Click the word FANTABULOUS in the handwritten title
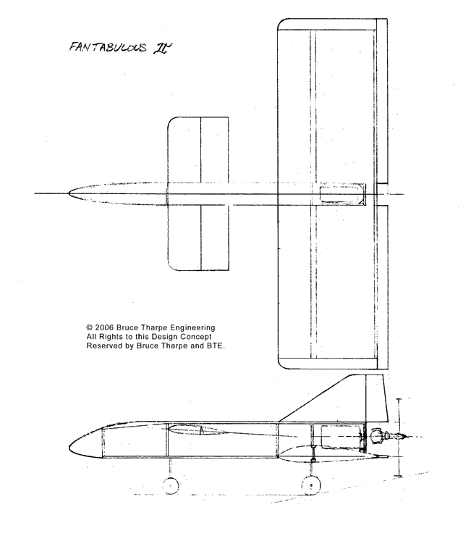[x=108, y=47]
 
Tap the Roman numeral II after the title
[x=162, y=48]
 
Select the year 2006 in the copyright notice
[x=104, y=327]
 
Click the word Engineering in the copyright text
[x=192, y=328]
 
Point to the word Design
[x=165, y=337]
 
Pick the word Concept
[x=196, y=337]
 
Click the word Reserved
[x=100, y=346]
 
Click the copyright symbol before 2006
[x=90, y=327]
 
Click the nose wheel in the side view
[x=171, y=485]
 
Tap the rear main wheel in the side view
[x=311, y=485]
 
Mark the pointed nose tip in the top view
[x=69, y=194]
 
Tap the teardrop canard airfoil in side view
[x=196, y=430]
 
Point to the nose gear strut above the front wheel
[x=171, y=468]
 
